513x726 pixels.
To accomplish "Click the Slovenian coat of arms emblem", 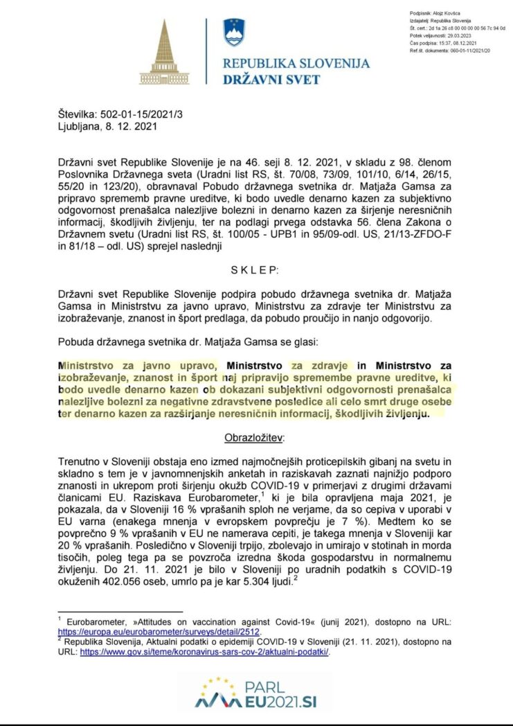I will tap(234, 33).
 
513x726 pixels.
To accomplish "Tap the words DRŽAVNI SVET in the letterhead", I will tap(271, 79).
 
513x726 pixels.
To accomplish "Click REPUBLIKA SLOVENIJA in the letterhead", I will tap(296, 64).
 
